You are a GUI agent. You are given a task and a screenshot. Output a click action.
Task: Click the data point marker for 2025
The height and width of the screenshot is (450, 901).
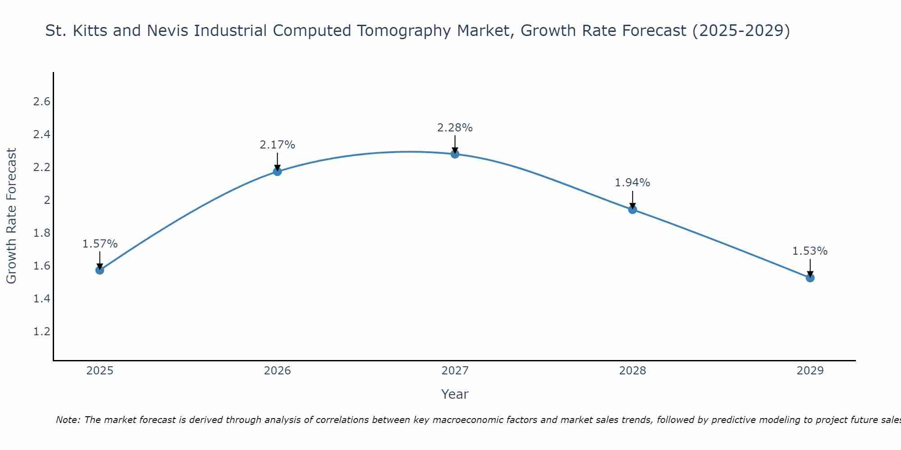click(x=100, y=270)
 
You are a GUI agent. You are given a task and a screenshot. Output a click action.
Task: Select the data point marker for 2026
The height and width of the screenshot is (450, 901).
click(x=278, y=171)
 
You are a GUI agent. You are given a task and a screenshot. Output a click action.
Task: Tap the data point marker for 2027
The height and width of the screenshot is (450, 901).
click(x=455, y=154)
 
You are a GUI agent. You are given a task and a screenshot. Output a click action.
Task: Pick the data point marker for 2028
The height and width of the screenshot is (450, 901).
click(x=633, y=209)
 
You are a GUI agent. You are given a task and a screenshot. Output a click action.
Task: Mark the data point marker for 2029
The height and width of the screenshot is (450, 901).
click(x=810, y=278)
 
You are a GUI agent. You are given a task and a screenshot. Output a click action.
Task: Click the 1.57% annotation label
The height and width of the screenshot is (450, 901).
click(x=100, y=244)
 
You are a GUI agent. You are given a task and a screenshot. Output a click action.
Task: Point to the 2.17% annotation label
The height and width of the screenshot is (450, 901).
click(x=278, y=145)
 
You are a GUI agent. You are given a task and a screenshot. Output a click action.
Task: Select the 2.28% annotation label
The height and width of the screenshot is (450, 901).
click(x=455, y=128)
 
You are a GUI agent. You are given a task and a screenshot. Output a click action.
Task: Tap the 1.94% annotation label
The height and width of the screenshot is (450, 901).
click(x=633, y=183)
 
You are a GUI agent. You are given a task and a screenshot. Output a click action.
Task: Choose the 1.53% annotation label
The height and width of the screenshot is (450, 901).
click(x=810, y=251)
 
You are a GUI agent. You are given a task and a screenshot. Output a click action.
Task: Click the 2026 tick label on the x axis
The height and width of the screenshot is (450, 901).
click(x=278, y=371)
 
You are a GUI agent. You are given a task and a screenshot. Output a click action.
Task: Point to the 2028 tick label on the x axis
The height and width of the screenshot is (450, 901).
click(x=633, y=371)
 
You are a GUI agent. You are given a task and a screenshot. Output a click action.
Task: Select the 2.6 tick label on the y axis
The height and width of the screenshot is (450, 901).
click(x=41, y=102)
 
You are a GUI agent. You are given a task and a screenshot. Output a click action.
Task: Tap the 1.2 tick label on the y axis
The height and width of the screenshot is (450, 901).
click(x=41, y=332)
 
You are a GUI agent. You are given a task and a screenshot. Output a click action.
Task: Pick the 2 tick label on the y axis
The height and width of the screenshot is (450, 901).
click(x=47, y=200)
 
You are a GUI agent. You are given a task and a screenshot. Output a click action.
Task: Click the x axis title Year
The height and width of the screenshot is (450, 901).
click(x=455, y=394)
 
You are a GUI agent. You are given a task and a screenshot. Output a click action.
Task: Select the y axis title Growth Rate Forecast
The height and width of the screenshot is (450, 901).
click(x=11, y=216)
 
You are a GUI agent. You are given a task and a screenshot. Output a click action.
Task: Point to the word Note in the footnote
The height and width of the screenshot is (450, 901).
click(x=67, y=420)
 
